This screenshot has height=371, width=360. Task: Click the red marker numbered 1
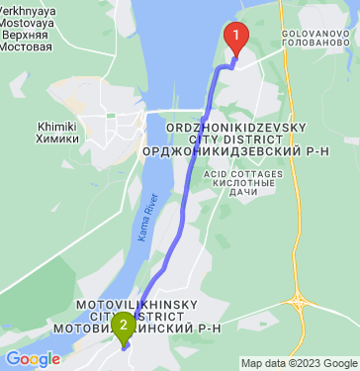click(x=236, y=38)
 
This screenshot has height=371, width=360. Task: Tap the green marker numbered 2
click(x=123, y=325)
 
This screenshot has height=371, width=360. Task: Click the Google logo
click(x=33, y=358)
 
